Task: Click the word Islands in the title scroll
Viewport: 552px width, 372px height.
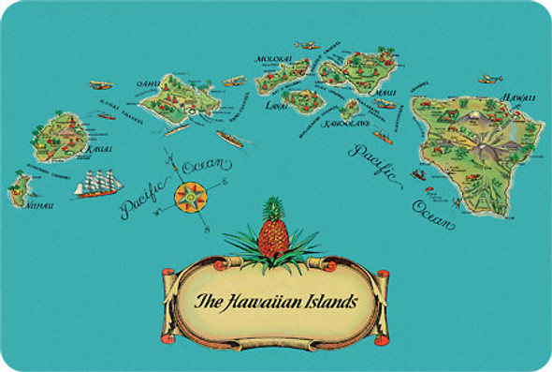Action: (328, 302)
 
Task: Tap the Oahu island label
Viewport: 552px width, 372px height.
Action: (151, 82)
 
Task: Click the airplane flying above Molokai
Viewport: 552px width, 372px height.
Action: (306, 44)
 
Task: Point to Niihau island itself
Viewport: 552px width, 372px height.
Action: (19, 192)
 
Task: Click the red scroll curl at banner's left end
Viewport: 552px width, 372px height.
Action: (170, 275)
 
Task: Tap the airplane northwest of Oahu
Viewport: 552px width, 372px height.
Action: (100, 85)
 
